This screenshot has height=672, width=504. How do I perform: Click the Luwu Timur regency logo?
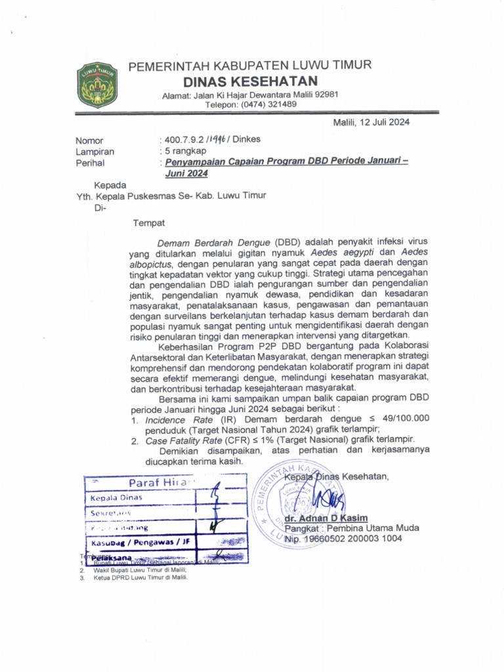point(97,83)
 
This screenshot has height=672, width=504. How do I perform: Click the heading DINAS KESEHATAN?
point(250,81)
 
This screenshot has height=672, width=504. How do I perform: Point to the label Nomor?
point(89,140)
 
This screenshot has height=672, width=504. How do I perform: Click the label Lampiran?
point(94,151)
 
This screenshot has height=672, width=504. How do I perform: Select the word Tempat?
point(149,223)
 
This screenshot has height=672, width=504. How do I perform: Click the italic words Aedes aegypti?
point(346,252)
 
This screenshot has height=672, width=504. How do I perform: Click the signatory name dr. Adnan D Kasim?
point(326,517)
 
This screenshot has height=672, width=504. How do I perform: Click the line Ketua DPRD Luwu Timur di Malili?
point(140,578)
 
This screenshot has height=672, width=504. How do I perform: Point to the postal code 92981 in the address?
point(325,94)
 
